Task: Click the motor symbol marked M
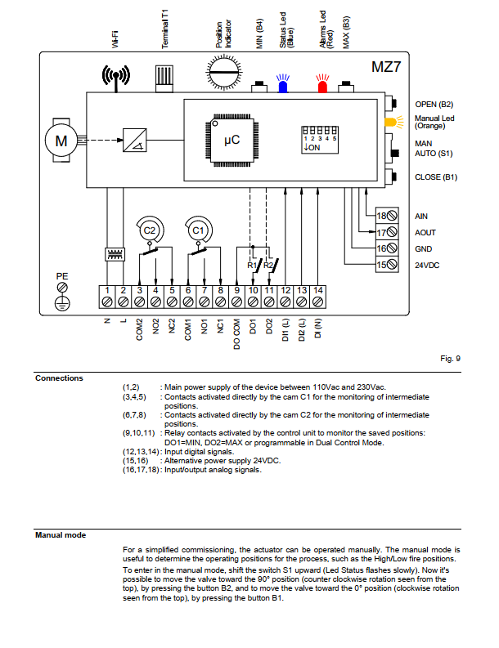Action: [x=61, y=141]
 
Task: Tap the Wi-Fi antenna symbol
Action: [x=116, y=78]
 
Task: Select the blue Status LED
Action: [x=283, y=84]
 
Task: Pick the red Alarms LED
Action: [x=322, y=84]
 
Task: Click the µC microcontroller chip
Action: [x=232, y=140]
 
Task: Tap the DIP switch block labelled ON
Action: [x=319, y=140]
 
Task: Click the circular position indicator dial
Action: [x=224, y=73]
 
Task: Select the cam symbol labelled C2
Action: [x=150, y=230]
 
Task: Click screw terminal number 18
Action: [x=387, y=215]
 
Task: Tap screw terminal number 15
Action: [x=387, y=265]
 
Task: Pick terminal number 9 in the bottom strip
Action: [x=236, y=297]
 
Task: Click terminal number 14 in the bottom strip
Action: [x=317, y=297]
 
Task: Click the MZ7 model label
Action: [x=386, y=67]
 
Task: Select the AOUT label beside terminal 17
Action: [x=425, y=233]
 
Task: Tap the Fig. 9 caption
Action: [x=450, y=358]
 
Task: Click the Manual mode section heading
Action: [x=61, y=535]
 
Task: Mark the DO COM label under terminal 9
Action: [x=236, y=334]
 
